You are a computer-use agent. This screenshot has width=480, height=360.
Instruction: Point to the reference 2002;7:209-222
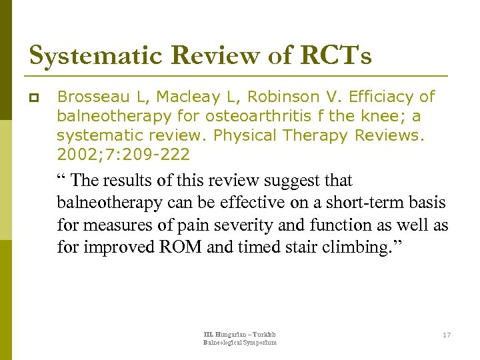123,155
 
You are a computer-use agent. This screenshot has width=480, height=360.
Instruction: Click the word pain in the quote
176,225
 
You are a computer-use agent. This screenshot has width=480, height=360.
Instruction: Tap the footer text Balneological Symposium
239,343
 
